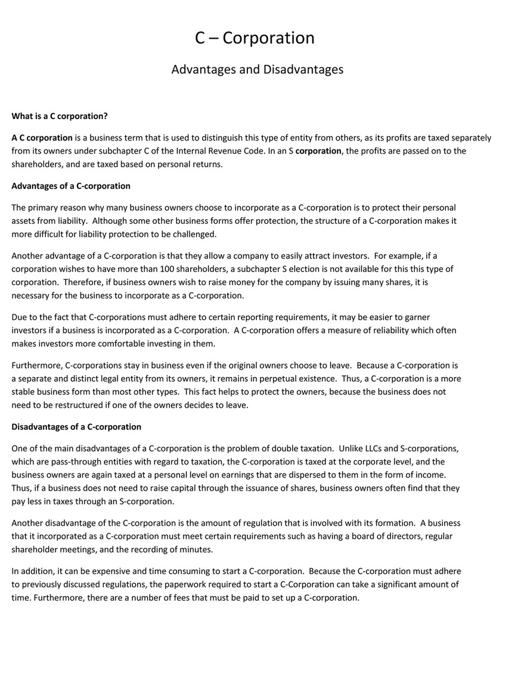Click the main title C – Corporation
(255, 38)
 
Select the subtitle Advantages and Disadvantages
(257, 70)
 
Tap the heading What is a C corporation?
(60, 116)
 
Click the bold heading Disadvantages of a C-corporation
(76, 427)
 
